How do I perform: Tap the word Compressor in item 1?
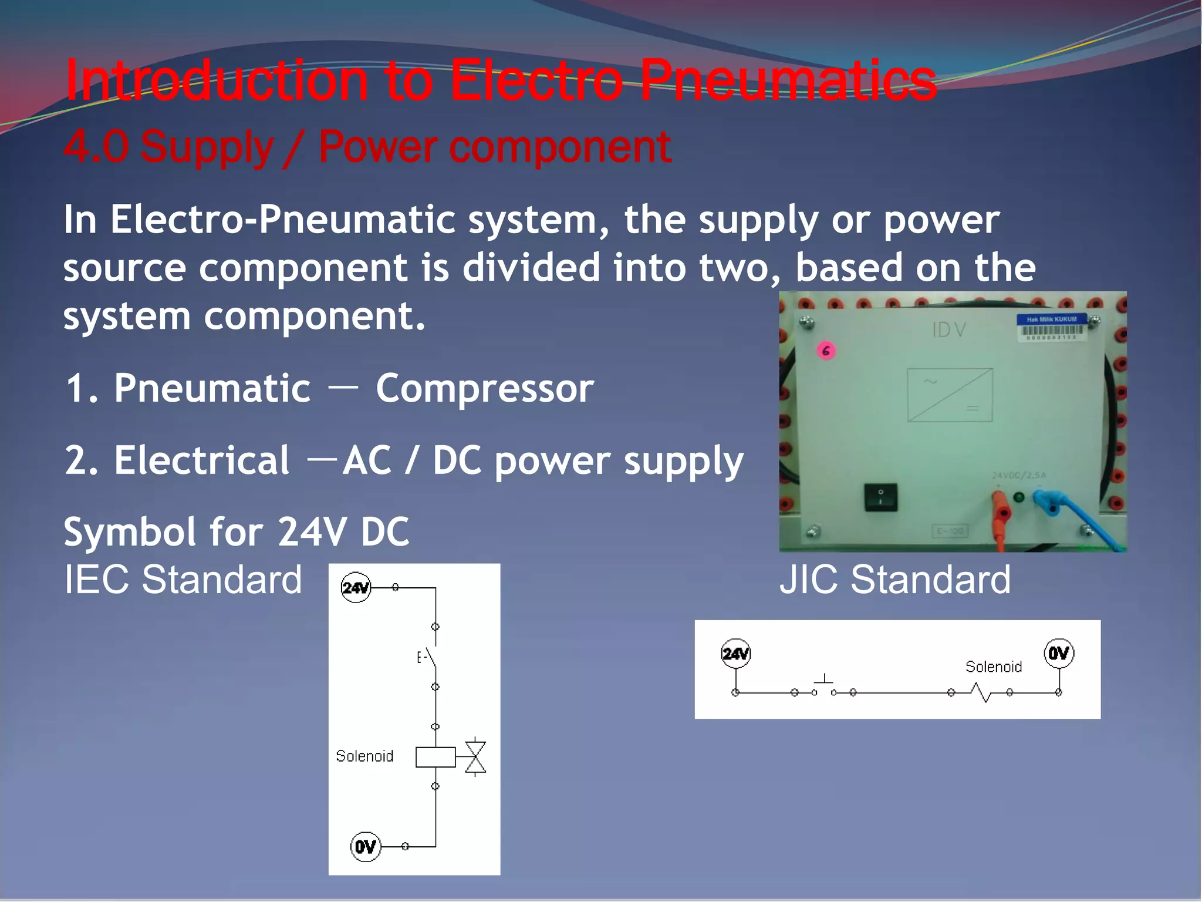click(485, 389)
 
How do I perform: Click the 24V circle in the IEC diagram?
click(356, 587)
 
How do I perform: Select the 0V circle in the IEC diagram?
click(365, 847)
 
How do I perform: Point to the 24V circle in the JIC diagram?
click(735, 654)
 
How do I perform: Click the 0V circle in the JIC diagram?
click(1059, 653)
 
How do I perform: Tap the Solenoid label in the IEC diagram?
click(364, 756)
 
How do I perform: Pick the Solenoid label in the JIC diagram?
click(994, 667)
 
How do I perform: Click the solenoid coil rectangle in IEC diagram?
click(435, 757)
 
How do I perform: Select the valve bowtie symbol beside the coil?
click(475, 757)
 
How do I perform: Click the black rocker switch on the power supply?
click(880, 497)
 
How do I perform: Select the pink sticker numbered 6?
click(826, 351)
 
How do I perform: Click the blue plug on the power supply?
click(1046, 503)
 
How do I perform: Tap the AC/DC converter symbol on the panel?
click(950, 395)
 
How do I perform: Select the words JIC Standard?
click(895, 580)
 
